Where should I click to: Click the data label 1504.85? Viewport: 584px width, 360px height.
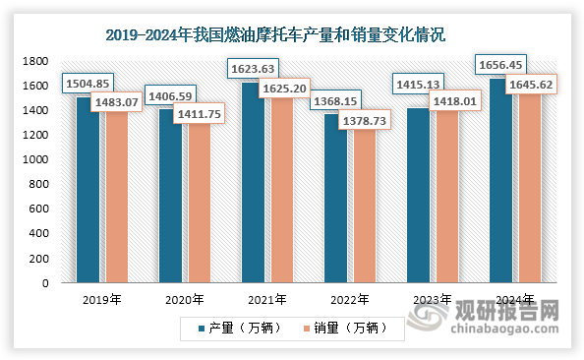pos(87,85)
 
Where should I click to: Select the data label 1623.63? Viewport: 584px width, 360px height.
pos(253,69)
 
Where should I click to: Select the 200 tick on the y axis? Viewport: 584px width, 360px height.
pos(39,259)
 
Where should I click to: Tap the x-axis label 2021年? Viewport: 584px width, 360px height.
pos(267,300)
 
